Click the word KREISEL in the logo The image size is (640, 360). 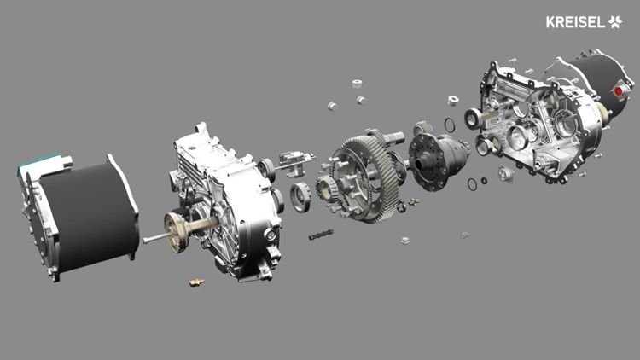575,22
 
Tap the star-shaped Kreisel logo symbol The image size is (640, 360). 614,21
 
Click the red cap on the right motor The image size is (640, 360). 620,90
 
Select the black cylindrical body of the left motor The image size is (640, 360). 88,214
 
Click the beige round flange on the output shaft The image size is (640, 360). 177,231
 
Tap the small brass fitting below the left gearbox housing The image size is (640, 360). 197,282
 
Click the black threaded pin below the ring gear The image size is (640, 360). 321,235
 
